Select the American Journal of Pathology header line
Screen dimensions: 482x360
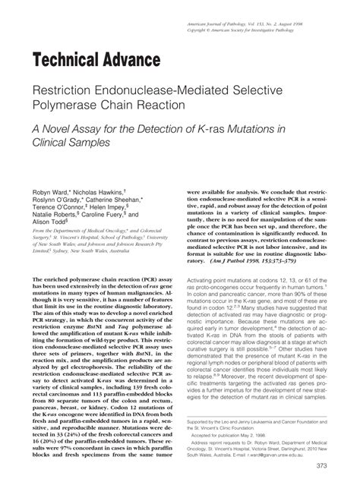(x=272, y=6)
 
